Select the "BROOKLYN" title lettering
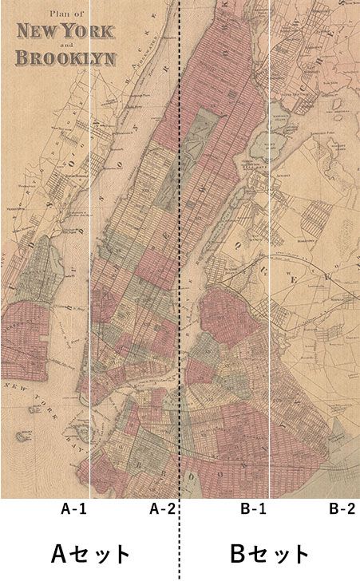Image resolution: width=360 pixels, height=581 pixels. click(x=65, y=58)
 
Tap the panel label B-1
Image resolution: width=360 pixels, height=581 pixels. click(x=253, y=509)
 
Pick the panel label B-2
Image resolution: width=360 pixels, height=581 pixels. click(x=342, y=509)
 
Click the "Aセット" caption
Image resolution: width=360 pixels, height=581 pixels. click(x=90, y=552)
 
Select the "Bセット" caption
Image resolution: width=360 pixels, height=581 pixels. click(x=269, y=552)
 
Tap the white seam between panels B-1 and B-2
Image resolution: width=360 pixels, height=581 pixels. click(x=270, y=239)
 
